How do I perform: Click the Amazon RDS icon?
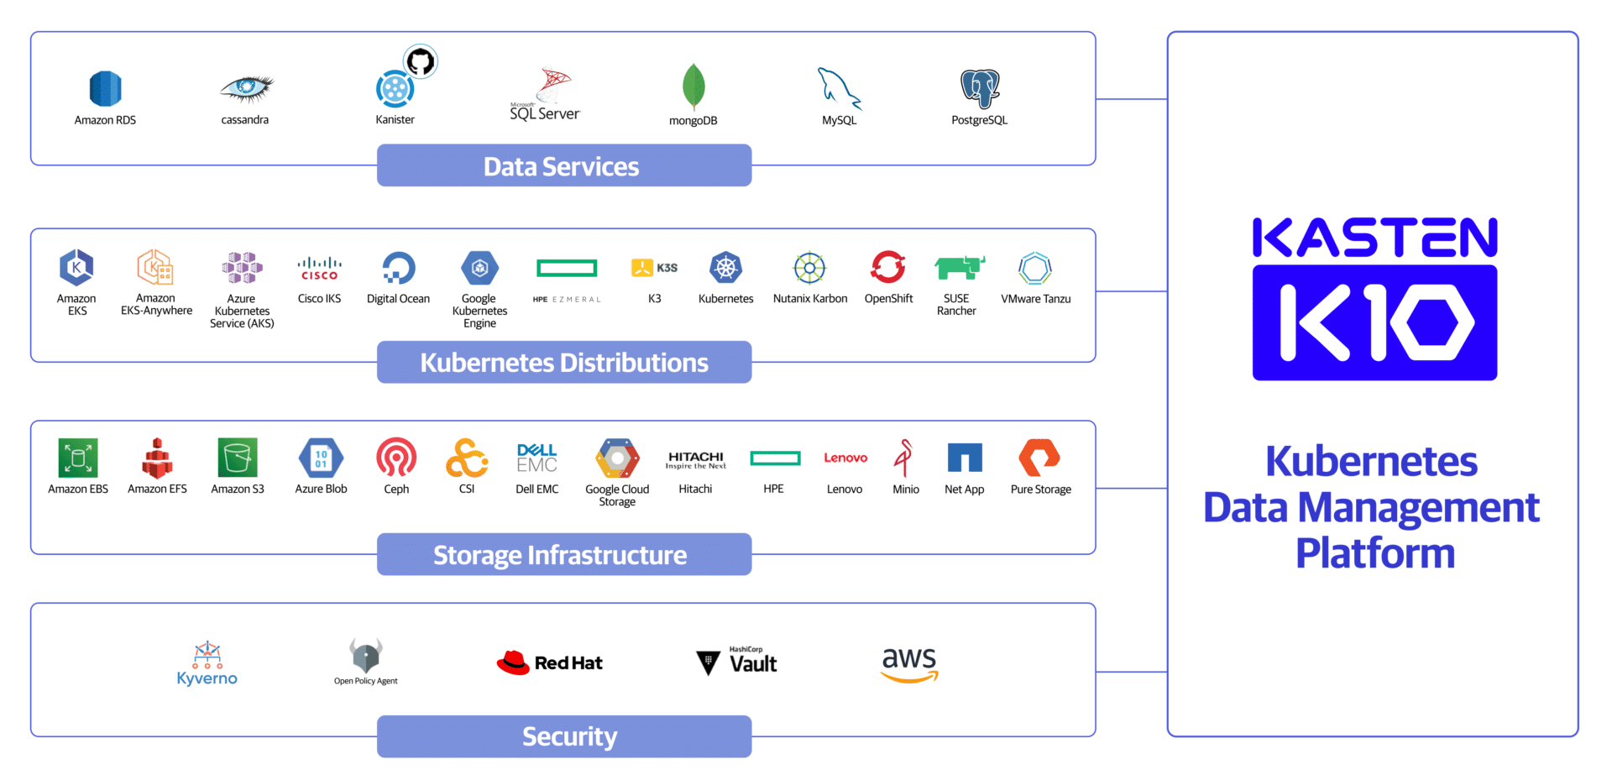coord(105,88)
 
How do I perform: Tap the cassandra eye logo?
coord(246,87)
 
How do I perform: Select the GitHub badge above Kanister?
coord(421,61)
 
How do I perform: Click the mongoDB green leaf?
coord(693,86)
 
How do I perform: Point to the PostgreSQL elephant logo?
coord(980,89)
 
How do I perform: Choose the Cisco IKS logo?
coord(319,269)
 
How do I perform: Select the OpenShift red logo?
coord(888,268)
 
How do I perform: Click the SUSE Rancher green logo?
coord(959,268)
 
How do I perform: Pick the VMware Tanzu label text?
coord(1036,299)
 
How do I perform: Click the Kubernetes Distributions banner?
coord(564,362)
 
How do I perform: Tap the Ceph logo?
coord(396,458)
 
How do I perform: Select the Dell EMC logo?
coord(537,458)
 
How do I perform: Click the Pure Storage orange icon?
coord(1039,458)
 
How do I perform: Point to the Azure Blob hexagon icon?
coord(321,458)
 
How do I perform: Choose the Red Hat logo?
coord(549,662)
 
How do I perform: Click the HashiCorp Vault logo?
coord(737,662)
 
